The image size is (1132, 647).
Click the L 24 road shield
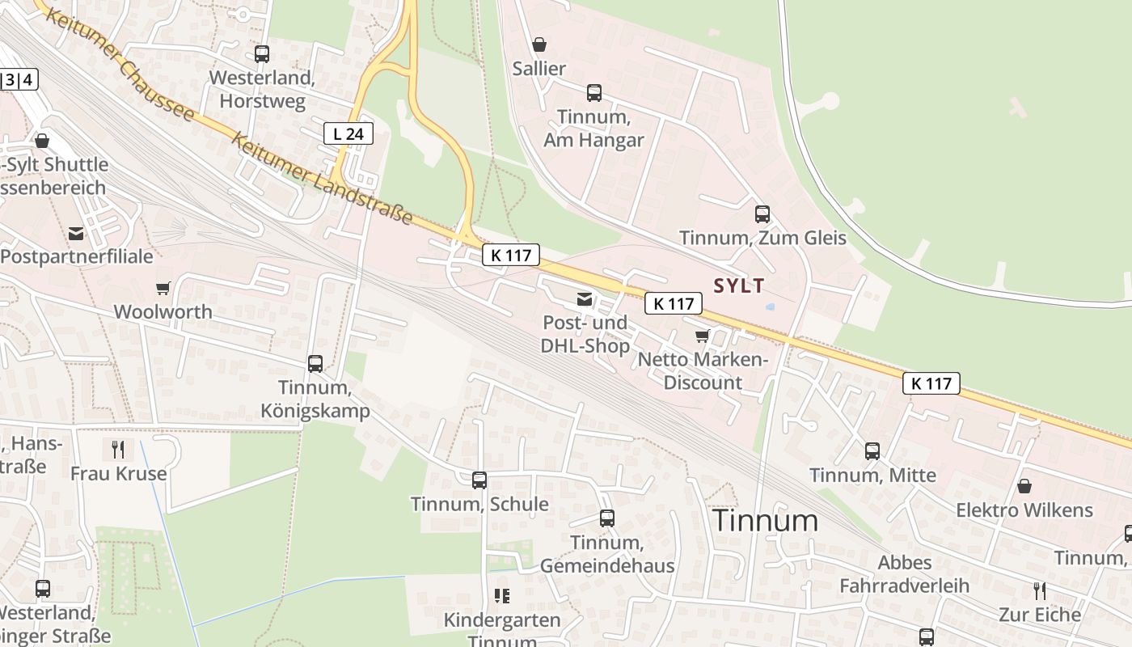[x=348, y=133]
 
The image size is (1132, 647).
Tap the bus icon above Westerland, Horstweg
[x=262, y=54]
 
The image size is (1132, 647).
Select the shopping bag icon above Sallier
[x=539, y=44]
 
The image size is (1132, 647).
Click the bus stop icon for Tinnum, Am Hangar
[x=594, y=93]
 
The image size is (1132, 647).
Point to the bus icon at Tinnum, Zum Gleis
[x=762, y=214]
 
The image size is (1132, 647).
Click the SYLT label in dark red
[x=739, y=285]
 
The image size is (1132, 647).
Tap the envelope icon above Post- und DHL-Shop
[x=585, y=299]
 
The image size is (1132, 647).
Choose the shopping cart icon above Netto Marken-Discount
[x=702, y=336]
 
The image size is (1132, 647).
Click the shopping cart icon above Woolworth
[x=163, y=288]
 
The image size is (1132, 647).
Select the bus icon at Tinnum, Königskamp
[x=315, y=364]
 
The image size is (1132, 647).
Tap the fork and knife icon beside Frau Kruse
[x=118, y=449]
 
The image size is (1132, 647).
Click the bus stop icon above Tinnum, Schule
[x=479, y=480]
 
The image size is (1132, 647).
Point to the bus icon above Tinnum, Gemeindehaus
[x=607, y=518]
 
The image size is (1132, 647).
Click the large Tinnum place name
[x=765, y=521]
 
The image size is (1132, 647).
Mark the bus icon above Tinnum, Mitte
[x=872, y=451]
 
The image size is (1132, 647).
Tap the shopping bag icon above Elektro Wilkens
[x=1024, y=486]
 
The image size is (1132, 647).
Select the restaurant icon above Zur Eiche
[x=1040, y=590]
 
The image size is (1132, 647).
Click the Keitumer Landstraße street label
[x=323, y=179]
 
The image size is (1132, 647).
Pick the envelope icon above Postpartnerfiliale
[x=76, y=234]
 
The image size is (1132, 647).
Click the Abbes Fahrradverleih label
[x=905, y=573]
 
